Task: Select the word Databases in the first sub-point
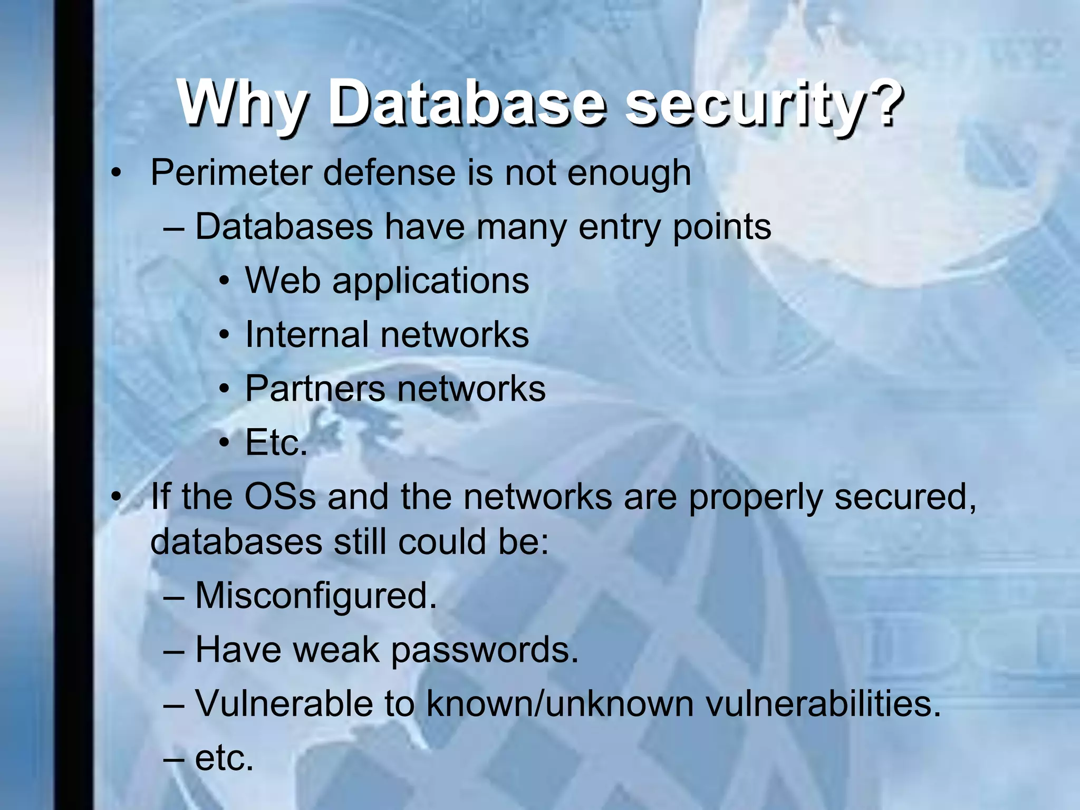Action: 284,227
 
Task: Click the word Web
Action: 283,280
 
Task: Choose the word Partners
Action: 315,389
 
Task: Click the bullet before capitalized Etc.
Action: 225,443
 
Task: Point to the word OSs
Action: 280,497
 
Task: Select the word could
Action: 441,542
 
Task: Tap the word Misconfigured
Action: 316,596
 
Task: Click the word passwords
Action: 484,651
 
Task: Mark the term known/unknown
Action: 560,704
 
